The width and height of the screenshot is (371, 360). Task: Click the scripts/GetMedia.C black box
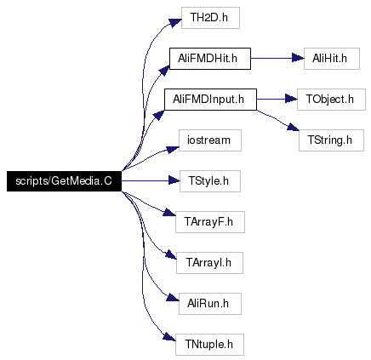pyautogui.click(x=64, y=181)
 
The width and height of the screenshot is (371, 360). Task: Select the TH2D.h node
pyautogui.click(x=210, y=18)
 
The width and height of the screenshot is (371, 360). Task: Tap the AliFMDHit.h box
pyautogui.click(x=210, y=59)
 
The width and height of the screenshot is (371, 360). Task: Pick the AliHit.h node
pyautogui.click(x=332, y=59)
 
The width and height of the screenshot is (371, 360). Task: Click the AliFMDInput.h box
pyautogui.click(x=210, y=100)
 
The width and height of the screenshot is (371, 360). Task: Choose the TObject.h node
pyautogui.click(x=331, y=100)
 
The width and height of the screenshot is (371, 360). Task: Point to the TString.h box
pyautogui.click(x=331, y=140)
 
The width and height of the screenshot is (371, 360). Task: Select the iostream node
pyautogui.click(x=210, y=140)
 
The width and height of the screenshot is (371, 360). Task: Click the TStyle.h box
pyautogui.click(x=210, y=181)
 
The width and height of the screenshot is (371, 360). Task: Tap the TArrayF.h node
pyautogui.click(x=210, y=222)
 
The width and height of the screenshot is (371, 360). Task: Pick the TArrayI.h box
pyautogui.click(x=209, y=263)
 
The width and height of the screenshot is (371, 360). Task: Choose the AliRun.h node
pyautogui.click(x=210, y=304)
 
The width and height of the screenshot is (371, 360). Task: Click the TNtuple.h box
pyautogui.click(x=209, y=345)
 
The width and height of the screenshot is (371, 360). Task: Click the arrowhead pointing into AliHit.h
pyautogui.click(x=298, y=59)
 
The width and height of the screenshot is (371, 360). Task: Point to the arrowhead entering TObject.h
pyautogui.click(x=291, y=100)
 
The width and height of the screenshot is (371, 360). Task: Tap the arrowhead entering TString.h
pyautogui.click(x=293, y=127)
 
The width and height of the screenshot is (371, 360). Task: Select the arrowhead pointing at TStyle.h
pyautogui.click(x=174, y=180)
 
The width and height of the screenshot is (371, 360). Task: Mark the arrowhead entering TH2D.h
pyautogui.click(x=175, y=22)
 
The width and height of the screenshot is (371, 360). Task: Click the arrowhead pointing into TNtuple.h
pyautogui.click(x=169, y=337)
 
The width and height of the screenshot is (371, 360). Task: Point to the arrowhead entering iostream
pyautogui.click(x=173, y=149)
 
